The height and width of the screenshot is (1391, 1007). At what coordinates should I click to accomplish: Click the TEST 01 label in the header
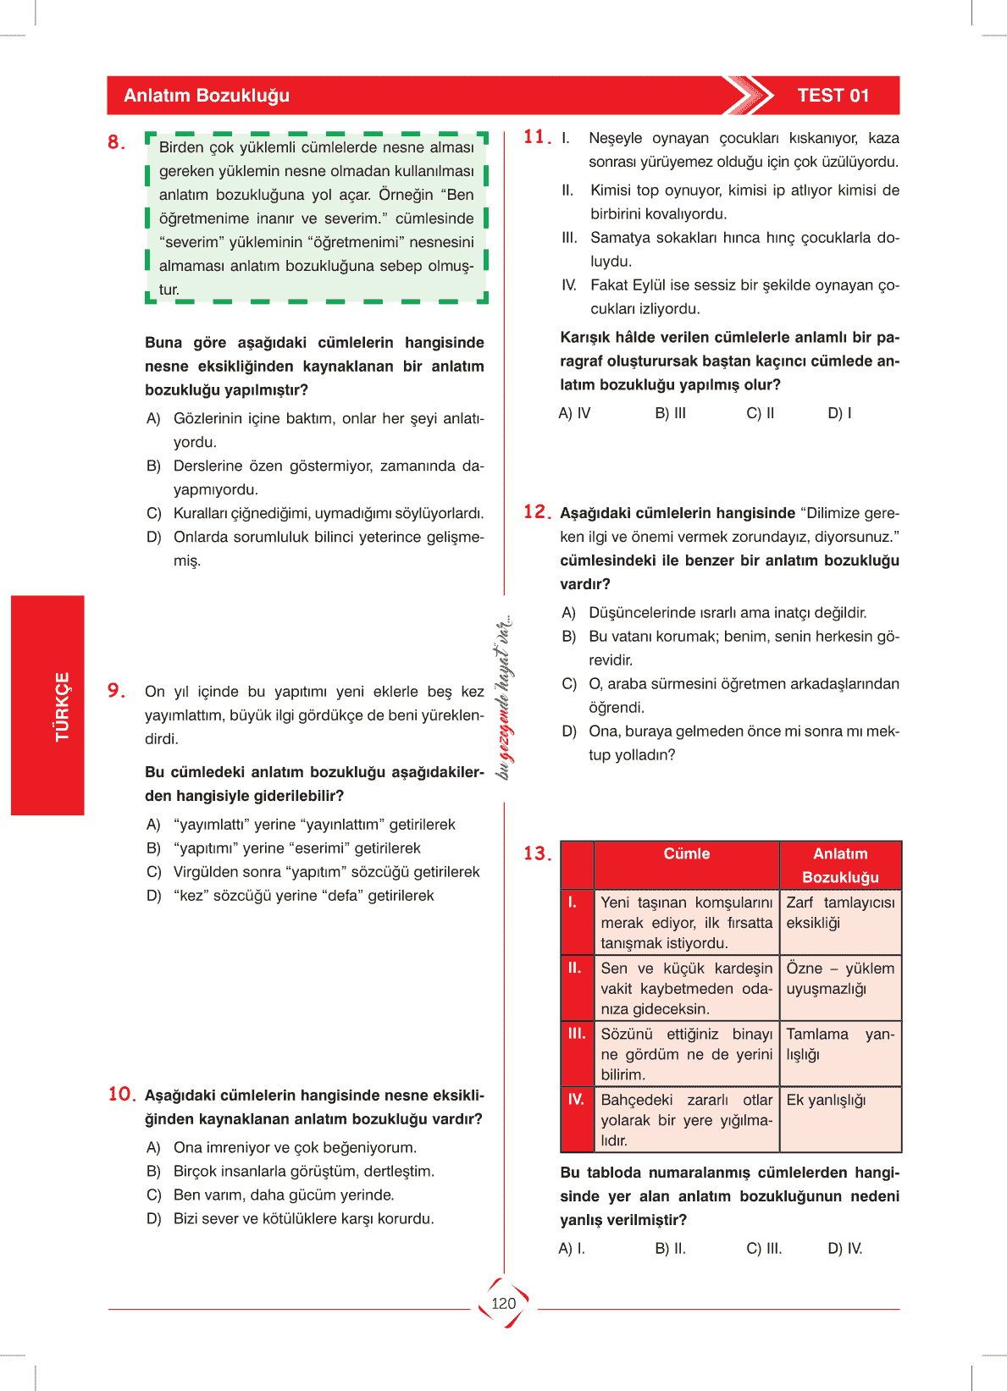[x=833, y=96]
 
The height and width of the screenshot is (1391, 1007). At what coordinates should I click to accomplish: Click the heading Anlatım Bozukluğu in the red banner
[x=207, y=96]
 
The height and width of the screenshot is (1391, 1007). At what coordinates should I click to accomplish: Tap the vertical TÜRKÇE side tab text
[x=62, y=706]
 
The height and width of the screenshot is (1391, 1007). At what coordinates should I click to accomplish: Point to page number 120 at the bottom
[x=503, y=1303]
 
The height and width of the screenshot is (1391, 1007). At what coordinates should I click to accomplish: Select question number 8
[x=116, y=142]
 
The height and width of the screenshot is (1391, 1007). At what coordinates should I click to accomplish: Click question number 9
[x=116, y=691]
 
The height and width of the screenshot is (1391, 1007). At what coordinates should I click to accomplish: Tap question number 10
[x=121, y=1094]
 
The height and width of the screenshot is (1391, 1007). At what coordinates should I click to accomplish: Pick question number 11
[x=536, y=137]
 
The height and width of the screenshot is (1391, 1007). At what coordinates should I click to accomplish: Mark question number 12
[x=537, y=511]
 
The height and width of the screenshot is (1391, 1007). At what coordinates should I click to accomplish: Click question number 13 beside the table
[x=537, y=853]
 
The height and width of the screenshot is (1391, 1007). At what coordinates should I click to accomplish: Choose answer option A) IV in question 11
[x=574, y=413]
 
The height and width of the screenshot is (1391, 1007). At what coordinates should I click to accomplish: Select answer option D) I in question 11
[x=839, y=413]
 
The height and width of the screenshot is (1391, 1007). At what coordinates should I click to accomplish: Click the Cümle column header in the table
[x=686, y=853]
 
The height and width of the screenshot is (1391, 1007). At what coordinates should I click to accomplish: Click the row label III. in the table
[x=576, y=1034]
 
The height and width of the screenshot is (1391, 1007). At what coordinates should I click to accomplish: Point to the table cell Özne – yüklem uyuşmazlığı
[x=839, y=979]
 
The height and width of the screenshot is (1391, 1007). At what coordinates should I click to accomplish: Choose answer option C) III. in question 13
[x=764, y=1249]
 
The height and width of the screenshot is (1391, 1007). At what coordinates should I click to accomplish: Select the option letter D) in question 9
[x=153, y=896]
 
